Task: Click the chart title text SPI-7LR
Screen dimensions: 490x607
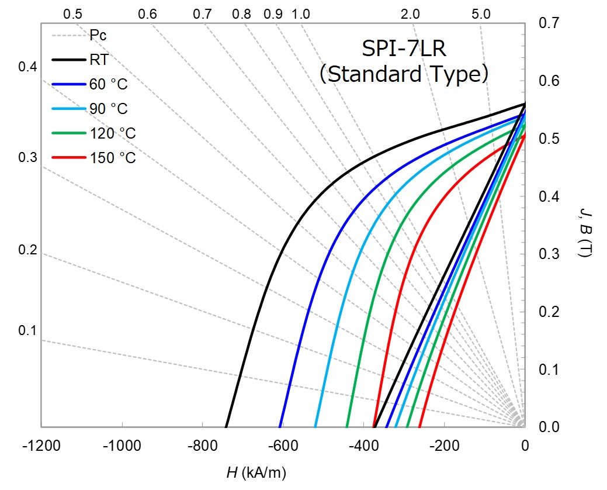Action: pos(403,49)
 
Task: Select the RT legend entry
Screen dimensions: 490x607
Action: pos(99,59)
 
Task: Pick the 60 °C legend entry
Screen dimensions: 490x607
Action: pos(107,84)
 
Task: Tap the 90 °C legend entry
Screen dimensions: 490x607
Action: pos(107,109)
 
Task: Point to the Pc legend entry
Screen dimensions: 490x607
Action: pos(98,35)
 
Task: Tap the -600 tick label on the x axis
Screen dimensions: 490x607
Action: pos(283,446)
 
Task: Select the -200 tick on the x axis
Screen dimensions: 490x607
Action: pos(444,446)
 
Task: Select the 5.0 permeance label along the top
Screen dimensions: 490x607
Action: pos(480,14)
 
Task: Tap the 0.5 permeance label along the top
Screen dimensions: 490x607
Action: pos(72,14)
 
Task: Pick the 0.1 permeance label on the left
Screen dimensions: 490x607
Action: pos(27,331)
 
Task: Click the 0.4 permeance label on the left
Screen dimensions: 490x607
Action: pos(27,67)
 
